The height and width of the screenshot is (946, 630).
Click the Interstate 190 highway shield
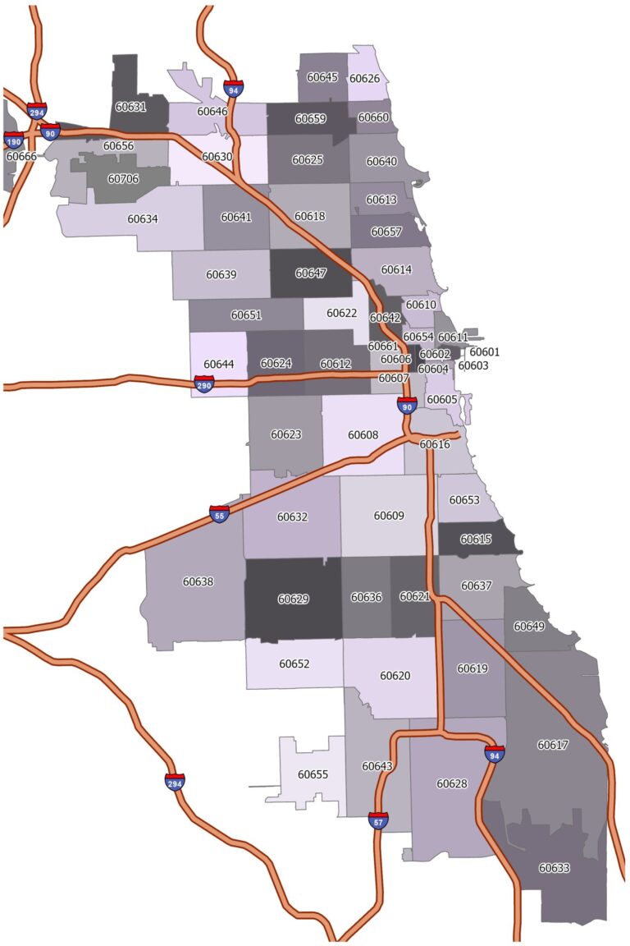pyautogui.click(x=14, y=140)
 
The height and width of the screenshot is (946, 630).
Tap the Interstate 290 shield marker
pyautogui.click(x=204, y=383)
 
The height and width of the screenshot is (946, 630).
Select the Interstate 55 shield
pyautogui.click(x=219, y=515)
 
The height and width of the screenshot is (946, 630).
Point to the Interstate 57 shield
pyautogui.click(x=378, y=820)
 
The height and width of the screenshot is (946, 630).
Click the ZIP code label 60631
pyautogui.click(x=130, y=107)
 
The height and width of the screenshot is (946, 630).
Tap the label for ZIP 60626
pyautogui.click(x=364, y=79)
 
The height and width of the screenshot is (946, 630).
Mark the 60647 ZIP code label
pyautogui.click(x=311, y=273)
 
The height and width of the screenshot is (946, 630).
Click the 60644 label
pyautogui.click(x=219, y=364)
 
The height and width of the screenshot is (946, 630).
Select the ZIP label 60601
pyautogui.click(x=484, y=352)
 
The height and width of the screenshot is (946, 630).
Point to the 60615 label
pyautogui.click(x=476, y=540)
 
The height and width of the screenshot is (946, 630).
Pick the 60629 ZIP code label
pyautogui.click(x=293, y=599)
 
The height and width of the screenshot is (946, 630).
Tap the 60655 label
pyautogui.click(x=313, y=774)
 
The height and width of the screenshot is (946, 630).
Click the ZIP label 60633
pyautogui.click(x=554, y=867)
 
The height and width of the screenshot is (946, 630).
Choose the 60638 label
pyautogui.click(x=198, y=581)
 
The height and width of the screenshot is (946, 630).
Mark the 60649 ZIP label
pyautogui.click(x=529, y=626)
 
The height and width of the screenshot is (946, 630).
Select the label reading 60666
pyautogui.click(x=21, y=156)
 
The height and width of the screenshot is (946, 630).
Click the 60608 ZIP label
pyautogui.click(x=363, y=434)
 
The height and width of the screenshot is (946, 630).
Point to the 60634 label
pyautogui.click(x=143, y=219)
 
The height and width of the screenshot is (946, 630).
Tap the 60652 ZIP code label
pyautogui.click(x=294, y=664)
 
